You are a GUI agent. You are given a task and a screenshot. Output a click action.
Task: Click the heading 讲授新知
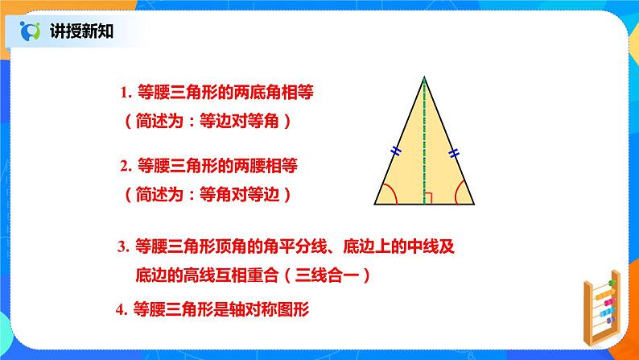point(81,31)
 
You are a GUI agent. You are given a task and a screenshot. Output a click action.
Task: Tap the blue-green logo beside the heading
point(30,31)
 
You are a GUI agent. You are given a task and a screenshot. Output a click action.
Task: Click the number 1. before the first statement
point(126,93)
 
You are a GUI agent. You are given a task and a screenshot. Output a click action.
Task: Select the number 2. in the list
point(126,166)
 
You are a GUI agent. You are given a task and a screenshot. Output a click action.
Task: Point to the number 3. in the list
point(123,246)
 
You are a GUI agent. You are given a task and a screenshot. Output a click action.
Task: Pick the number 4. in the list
point(122,310)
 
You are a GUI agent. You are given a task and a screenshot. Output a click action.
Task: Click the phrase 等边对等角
point(239,121)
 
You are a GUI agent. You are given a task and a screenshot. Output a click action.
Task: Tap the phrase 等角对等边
point(239,194)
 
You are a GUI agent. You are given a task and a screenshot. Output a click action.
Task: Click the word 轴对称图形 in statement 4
point(269,309)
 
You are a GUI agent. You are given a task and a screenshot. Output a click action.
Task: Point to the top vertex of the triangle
point(424,77)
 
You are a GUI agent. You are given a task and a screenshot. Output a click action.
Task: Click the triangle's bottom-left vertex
point(374,204)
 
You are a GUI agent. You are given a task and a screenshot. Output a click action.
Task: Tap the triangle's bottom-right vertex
point(474,204)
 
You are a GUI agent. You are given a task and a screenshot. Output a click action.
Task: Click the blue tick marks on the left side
point(396,151)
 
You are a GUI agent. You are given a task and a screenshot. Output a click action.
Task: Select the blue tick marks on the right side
point(454,153)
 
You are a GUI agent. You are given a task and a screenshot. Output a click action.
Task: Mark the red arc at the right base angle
point(457,192)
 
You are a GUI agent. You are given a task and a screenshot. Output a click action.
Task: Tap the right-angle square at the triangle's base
point(428,198)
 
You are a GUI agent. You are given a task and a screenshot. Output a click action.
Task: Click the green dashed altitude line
point(424,141)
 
